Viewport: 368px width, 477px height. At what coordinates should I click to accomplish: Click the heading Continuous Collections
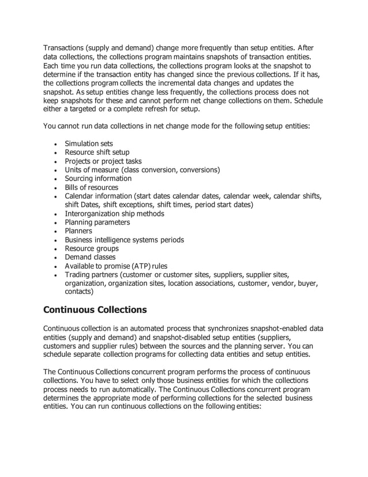tap(95, 310)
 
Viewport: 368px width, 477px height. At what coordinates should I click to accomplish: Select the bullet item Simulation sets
tap(89, 144)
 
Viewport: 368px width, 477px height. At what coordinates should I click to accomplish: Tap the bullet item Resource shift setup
tap(97, 152)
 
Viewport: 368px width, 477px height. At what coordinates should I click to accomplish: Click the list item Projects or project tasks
tap(103, 161)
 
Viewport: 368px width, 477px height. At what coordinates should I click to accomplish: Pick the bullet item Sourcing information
tap(97, 178)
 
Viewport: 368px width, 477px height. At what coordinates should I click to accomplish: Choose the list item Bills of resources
tap(91, 187)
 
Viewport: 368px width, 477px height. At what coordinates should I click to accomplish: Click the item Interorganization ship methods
tap(114, 214)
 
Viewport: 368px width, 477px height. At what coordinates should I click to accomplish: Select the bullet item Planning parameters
tap(97, 222)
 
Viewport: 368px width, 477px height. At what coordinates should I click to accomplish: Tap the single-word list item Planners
tap(78, 231)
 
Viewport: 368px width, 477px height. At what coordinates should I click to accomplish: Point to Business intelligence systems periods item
tap(124, 240)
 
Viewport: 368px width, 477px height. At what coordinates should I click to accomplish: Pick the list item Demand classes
tap(90, 257)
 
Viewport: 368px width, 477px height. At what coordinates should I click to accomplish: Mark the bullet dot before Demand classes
tap(54, 258)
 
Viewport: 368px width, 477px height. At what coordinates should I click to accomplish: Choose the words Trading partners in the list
tap(90, 274)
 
